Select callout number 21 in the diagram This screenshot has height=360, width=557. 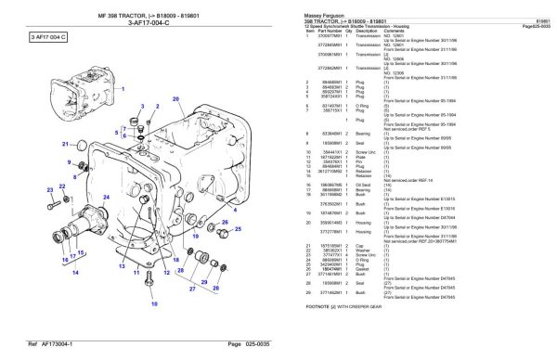pyautogui.click(x=66, y=145)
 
